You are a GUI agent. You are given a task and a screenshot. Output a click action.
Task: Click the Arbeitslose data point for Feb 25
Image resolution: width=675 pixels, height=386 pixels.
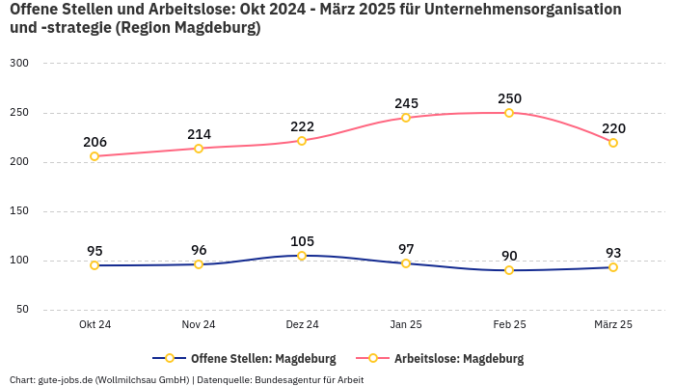tap(509, 113)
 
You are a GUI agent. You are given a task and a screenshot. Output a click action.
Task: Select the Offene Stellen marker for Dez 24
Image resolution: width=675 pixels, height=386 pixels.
tap(302, 256)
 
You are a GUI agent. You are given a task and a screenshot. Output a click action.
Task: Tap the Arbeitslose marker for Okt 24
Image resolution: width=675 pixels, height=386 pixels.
tap(94, 156)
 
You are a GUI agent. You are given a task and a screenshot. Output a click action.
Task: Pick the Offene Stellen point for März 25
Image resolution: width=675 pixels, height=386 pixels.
tap(613, 267)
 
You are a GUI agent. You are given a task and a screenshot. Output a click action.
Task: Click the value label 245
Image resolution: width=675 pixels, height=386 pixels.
tap(406, 103)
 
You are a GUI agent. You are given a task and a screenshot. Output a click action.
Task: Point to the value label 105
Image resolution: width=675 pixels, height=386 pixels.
tap(302, 241)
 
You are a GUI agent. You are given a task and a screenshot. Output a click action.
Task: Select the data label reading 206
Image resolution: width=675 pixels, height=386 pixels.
tap(94, 142)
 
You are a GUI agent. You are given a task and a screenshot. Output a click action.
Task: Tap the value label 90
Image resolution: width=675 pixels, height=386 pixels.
tap(509, 256)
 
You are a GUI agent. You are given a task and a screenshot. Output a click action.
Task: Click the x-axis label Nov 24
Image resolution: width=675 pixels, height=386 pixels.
tap(199, 325)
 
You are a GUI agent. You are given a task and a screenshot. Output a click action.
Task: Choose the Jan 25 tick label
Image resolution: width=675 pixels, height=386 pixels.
tap(406, 325)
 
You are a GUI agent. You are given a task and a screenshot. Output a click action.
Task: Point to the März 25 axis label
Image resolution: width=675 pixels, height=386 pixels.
tap(613, 325)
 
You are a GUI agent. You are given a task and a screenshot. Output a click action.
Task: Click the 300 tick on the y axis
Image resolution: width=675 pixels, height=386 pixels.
tap(19, 63)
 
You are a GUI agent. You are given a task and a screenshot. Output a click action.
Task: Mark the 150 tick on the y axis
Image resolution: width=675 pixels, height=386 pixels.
tap(19, 210)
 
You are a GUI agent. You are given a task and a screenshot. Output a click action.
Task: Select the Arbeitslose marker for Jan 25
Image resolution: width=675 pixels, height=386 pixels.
tap(406, 118)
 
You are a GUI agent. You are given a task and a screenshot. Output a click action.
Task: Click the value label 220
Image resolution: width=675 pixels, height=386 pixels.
tap(613, 128)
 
